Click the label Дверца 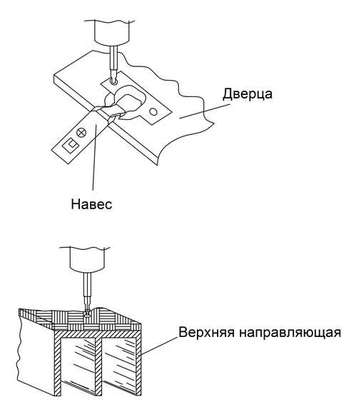(248, 94)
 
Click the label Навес (91, 204)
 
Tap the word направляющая (290, 333)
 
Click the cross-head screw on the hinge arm (81, 132)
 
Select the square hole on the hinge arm (71, 145)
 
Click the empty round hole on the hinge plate (153, 111)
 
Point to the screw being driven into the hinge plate (113, 81)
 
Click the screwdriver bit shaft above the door (113, 61)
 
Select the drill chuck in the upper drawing (112, 32)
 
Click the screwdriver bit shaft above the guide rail (87, 292)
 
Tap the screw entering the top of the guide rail (87, 313)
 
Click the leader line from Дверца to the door (205, 111)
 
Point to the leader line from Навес (95, 157)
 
